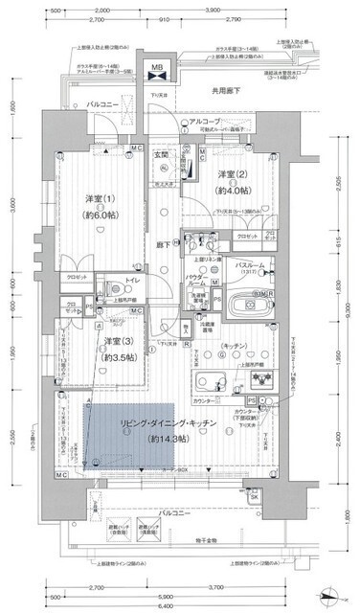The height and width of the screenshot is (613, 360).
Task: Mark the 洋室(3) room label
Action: click(x=117, y=341)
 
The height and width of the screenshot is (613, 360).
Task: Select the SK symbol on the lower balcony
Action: click(x=254, y=498)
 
